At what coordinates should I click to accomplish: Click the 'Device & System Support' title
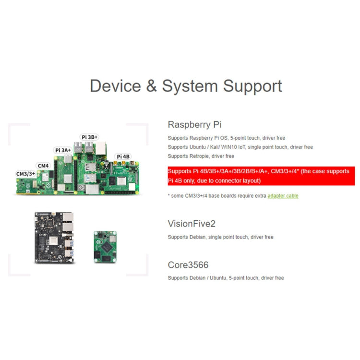point(186,86)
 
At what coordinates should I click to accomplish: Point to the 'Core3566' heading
point(188,265)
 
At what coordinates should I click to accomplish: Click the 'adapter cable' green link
point(283,196)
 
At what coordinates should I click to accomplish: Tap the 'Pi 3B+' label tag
point(90,137)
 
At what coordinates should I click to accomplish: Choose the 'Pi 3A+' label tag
point(63,150)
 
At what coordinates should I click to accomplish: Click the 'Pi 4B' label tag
point(123,156)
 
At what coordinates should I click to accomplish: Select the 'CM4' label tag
point(43,166)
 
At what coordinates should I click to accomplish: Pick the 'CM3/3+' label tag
point(24,173)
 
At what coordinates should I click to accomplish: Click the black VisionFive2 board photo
point(55,237)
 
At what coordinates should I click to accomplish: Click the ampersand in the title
point(151,86)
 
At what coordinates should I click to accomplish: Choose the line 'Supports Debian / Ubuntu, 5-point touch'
point(226,278)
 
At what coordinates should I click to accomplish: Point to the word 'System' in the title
point(190,86)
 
